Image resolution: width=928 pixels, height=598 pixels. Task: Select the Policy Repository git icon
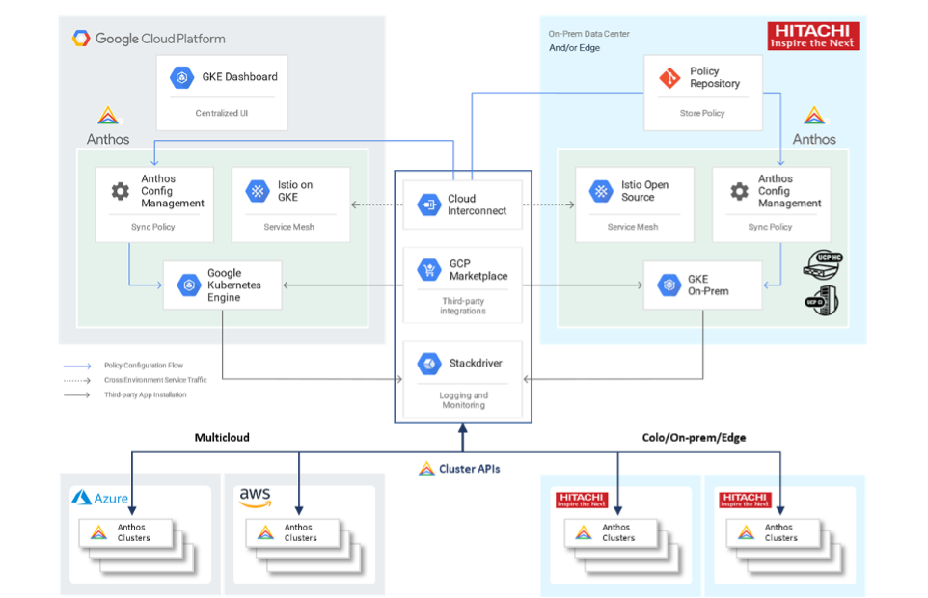(x=669, y=78)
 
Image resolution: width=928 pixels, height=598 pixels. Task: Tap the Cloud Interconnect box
(x=463, y=204)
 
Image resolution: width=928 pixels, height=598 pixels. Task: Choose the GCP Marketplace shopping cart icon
(x=428, y=269)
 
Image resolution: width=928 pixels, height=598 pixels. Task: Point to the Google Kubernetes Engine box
(x=222, y=285)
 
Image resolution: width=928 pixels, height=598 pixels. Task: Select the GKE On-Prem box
(x=702, y=285)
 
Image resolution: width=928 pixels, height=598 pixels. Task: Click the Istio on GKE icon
(x=257, y=191)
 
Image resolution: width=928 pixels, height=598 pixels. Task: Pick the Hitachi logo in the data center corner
(x=813, y=37)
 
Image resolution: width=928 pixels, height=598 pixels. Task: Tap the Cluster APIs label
(x=470, y=469)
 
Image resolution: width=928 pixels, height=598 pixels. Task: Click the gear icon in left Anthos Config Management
(x=121, y=191)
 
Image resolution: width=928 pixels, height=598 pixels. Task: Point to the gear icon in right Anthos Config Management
(x=739, y=191)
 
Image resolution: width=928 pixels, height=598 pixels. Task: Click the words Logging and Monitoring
(x=463, y=400)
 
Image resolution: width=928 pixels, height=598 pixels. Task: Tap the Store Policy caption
(x=702, y=113)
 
